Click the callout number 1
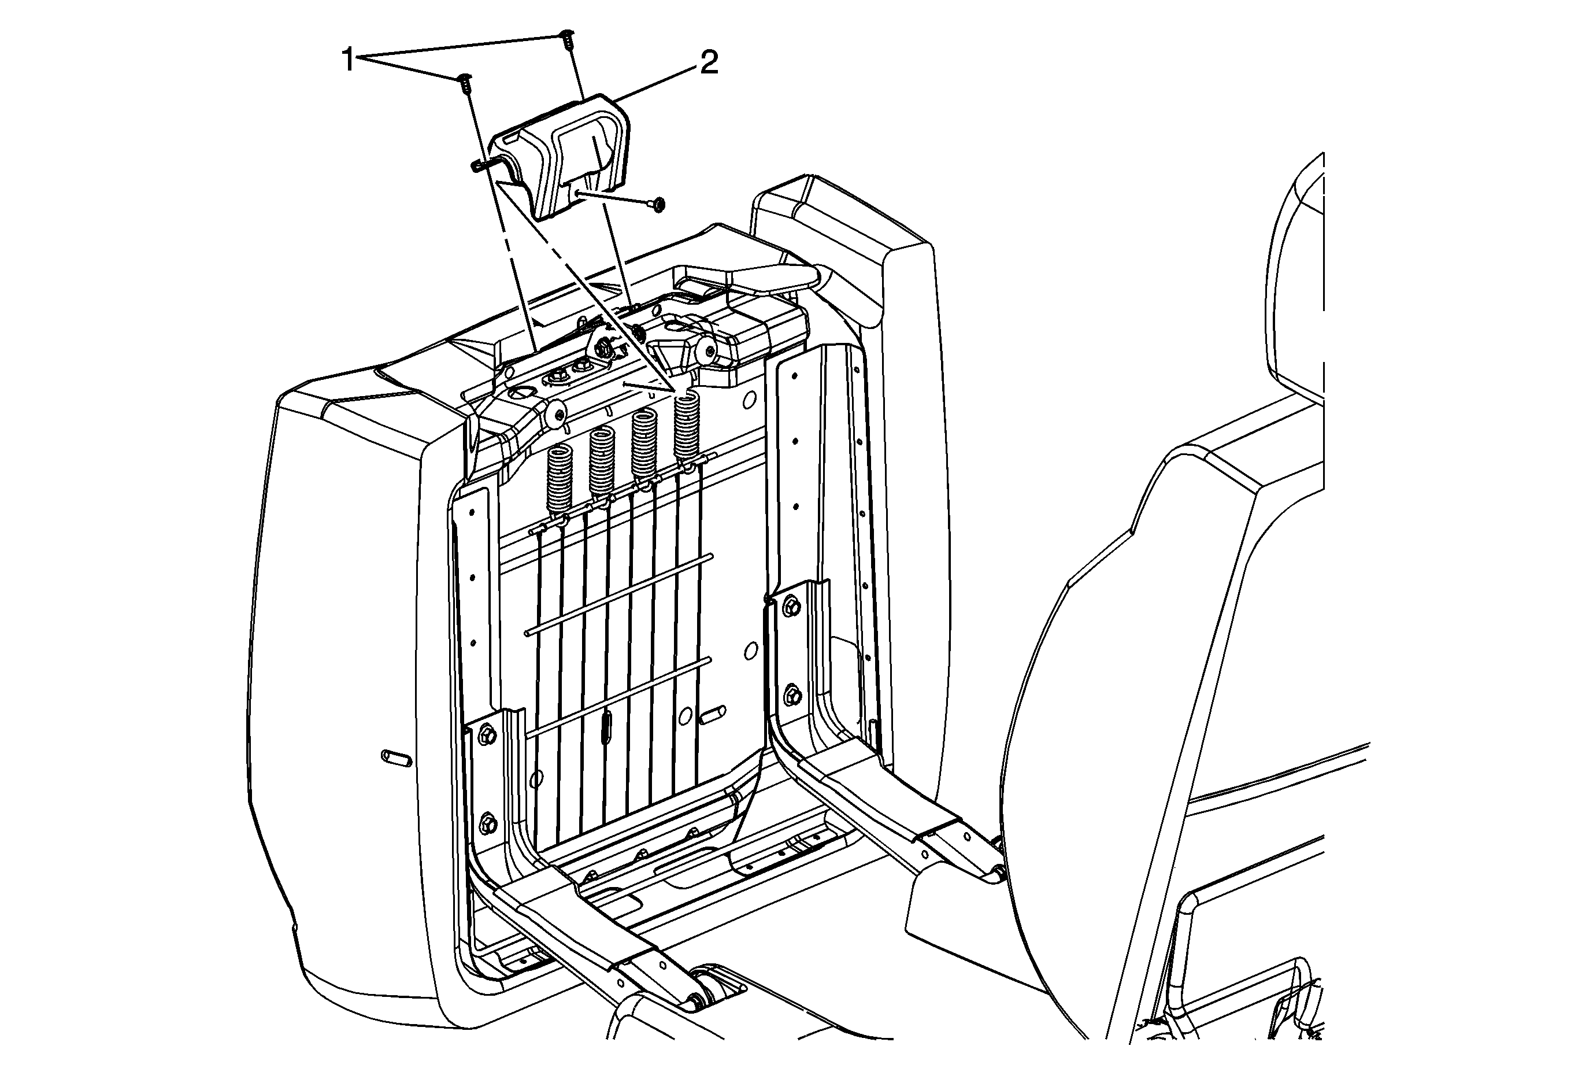pyautogui.click(x=349, y=60)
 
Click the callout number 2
pyautogui.click(x=708, y=64)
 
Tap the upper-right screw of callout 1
pyautogui.click(x=568, y=38)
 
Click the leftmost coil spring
pyautogui.click(x=560, y=478)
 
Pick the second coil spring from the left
pyautogui.click(x=602, y=461)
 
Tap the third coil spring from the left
pyautogui.click(x=645, y=444)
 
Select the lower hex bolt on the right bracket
pyautogui.click(x=793, y=694)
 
